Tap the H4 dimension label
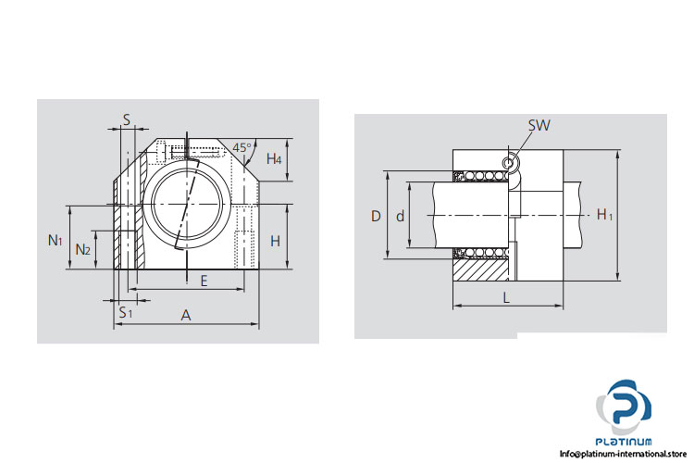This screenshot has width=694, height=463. tap(274, 159)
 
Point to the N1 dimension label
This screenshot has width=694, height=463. tap(56, 240)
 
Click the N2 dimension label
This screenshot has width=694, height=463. tap(82, 249)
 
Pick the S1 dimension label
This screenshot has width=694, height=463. tap(126, 312)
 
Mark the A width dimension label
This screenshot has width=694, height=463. tap(186, 316)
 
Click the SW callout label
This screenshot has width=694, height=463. tap(538, 126)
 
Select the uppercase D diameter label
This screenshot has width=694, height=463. tap(375, 216)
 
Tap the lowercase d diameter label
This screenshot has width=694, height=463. tap(400, 216)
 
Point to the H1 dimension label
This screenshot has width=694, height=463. tap(604, 215)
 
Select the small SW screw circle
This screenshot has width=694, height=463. tap(507, 164)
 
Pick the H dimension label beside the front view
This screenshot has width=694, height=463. tap(275, 241)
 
